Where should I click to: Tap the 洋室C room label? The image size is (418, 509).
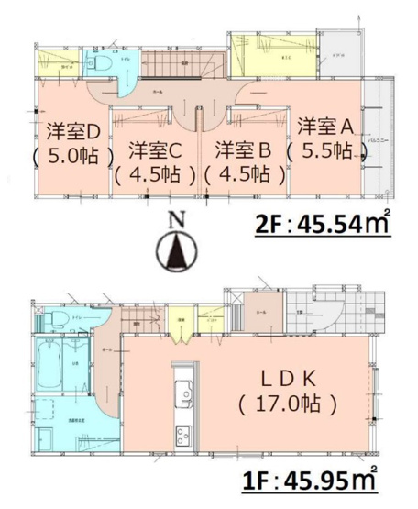click(x=154, y=149)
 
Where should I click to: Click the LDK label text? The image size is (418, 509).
click(x=286, y=376)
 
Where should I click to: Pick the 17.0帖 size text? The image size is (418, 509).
click(x=286, y=402)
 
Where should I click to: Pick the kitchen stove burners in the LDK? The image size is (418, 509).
click(x=181, y=437)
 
